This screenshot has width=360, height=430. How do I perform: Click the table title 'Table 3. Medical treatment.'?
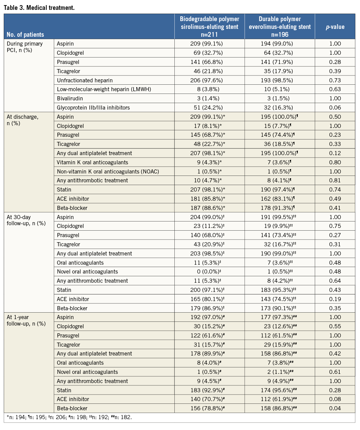(39, 7)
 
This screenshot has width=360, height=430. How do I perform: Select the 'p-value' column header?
(335, 27)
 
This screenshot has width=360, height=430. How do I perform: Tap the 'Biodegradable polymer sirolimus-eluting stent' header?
(209, 27)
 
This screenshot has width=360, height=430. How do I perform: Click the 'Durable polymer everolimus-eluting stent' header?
(280, 27)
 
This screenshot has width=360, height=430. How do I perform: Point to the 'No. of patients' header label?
(25, 34)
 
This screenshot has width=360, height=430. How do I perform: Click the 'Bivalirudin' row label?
(70, 98)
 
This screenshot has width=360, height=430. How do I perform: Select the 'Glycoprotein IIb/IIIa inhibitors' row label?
(93, 107)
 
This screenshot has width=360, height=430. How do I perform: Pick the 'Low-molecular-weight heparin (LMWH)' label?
(104, 89)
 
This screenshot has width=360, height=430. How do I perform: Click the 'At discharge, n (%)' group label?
(22, 120)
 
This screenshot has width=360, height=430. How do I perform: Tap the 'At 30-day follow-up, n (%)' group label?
(26, 220)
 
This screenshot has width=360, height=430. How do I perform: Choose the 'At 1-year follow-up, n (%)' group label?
(26, 320)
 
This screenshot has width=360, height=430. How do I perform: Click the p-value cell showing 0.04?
(335, 408)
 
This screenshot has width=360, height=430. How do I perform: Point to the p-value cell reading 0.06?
(335, 107)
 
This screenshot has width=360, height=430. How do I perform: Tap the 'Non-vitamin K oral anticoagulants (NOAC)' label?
(108, 171)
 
